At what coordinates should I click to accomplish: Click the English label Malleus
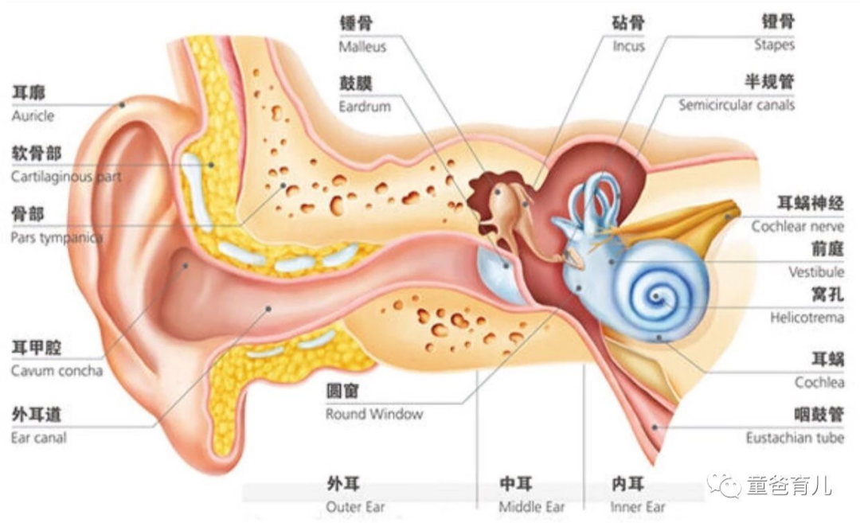pos(362,47)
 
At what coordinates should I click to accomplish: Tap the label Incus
pos(628,46)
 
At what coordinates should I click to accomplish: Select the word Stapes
pos(774,45)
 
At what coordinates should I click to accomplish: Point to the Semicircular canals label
pos(736,105)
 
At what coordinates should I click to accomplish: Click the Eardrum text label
pos(365,106)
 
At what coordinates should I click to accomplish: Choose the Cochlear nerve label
pos(797,226)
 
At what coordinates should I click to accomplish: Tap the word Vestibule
pos(816,272)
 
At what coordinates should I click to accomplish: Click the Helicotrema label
pos(807,318)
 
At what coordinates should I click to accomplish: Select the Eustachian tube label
pos(795,438)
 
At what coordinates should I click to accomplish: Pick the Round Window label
pos(374,414)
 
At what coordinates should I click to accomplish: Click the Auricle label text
pos(33,115)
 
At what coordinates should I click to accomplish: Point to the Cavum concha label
pos(57,371)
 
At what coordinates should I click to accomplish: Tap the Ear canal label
pos(38,438)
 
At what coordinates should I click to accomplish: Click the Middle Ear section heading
pos(531,507)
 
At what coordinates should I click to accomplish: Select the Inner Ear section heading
pos(638,507)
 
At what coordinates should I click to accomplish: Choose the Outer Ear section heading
pos(355,507)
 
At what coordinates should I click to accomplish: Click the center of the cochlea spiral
pos(656,297)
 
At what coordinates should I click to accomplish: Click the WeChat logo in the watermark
pos(722,484)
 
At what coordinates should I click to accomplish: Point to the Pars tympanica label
pos(57,237)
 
